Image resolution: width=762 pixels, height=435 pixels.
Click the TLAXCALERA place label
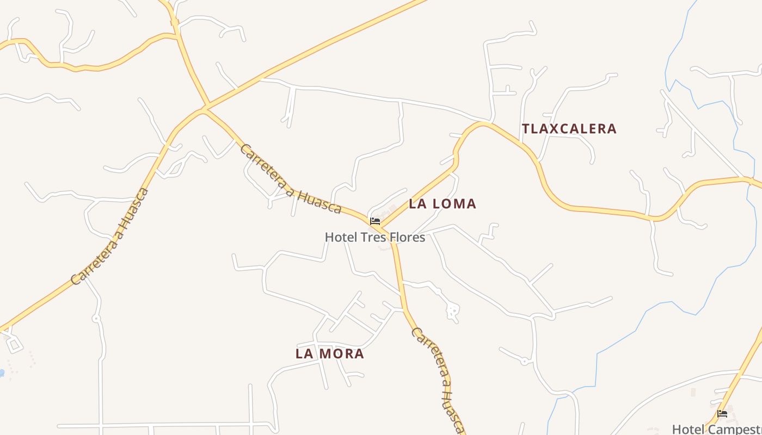(x=569, y=129)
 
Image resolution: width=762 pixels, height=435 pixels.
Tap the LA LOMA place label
(x=442, y=204)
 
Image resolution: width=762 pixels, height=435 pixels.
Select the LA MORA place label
(x=329, y=353)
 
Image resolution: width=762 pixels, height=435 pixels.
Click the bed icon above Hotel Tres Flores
(x=374, y=221)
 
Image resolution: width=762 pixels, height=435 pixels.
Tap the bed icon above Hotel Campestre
(x=722, y=414)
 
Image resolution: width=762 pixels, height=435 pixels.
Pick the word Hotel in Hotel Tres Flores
(x=340, y=237)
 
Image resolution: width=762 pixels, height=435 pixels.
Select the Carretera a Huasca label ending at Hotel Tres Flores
(x=291, y=179)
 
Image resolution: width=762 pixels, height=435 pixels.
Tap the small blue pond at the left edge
(x=2, y=373)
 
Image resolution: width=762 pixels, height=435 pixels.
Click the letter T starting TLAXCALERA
(x=526, y=129)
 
